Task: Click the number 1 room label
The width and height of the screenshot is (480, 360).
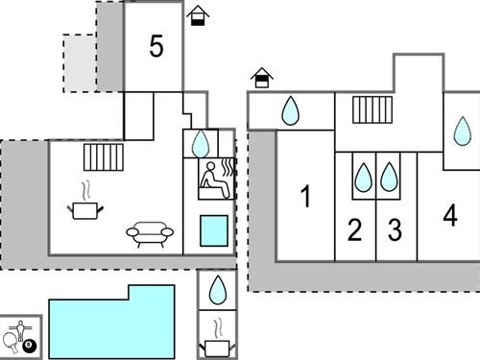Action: (305, 198)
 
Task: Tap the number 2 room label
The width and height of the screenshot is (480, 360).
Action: (355, 230)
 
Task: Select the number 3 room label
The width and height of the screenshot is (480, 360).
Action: (395, 230)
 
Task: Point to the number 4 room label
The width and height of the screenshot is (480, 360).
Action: (450, 216)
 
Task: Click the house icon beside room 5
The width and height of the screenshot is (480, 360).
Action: (199, 16)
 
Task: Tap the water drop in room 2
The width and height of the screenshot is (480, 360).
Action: (364, 178)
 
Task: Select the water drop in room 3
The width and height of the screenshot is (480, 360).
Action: (389, 178)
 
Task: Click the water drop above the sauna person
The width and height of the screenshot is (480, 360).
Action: (200, 144)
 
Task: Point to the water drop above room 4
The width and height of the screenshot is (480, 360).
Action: (463, 131)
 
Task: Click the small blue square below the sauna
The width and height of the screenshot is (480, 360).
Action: (214, 231)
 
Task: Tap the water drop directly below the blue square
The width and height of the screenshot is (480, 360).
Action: (218, 289)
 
